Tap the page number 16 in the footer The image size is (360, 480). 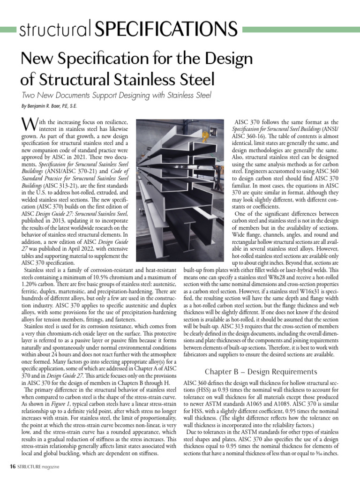pos(14,467)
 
